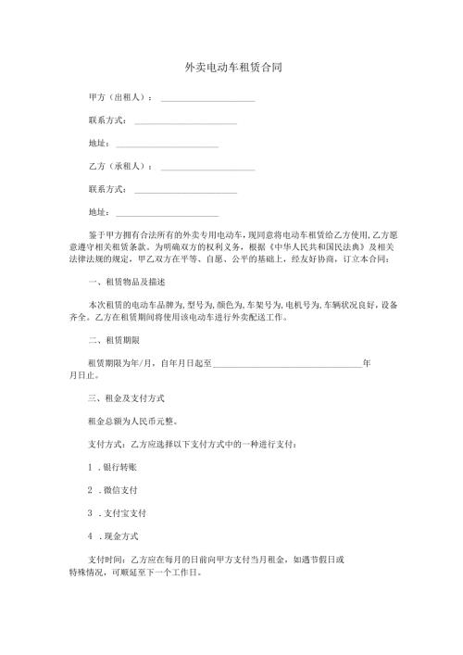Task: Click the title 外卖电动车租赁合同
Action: pyautogui.click(x=232, y=68)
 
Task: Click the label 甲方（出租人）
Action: pyautogui.click(x=119, y=96)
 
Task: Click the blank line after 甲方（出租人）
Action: pyautogui.click(x=208, y=99)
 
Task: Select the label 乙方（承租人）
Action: pyautogui.click(x=119, y=167)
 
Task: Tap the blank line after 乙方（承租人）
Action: pyautogui.click(x=208, y=170)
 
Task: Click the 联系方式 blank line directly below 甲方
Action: pyautogui.click(x=185, y=123)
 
